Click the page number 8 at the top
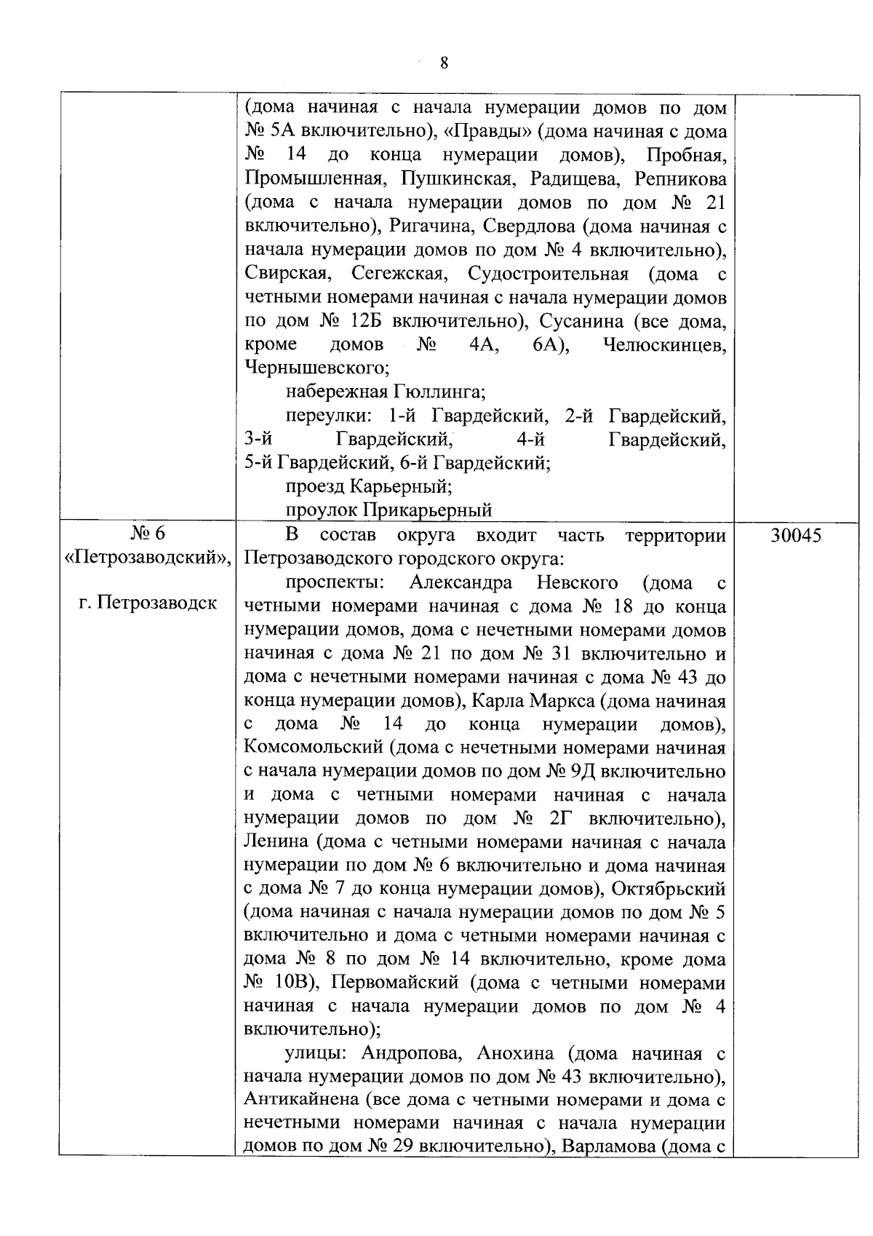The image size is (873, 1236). [444, 63]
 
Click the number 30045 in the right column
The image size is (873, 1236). [796, 536]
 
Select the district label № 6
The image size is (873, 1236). [148, 534]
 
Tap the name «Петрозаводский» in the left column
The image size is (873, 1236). [148, 558]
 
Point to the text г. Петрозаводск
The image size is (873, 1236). [148, 603]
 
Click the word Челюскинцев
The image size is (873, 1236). [664, 345]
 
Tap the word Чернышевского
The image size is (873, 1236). [317, 368]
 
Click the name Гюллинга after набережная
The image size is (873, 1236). [439, 392]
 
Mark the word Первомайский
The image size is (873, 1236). [395, 983]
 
